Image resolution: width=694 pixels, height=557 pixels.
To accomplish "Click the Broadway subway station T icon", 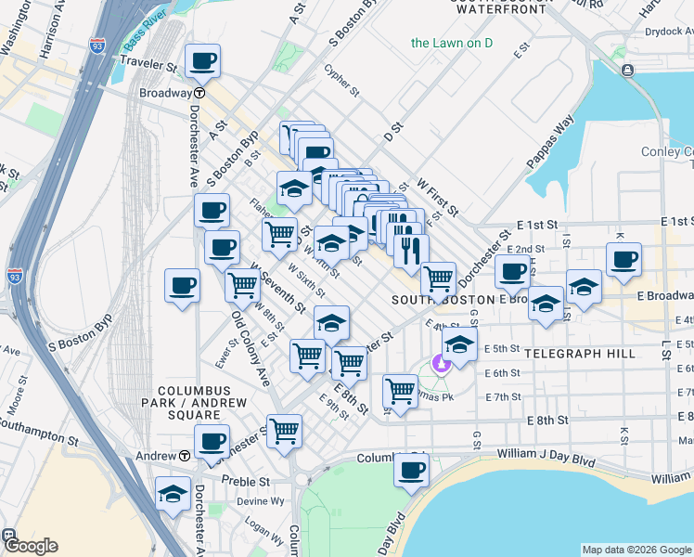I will [x=199, y=94].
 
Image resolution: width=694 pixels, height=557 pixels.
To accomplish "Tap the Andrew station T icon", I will [x=186, y=456].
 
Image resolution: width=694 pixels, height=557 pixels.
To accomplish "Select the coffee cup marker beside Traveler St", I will [x=202, y=62].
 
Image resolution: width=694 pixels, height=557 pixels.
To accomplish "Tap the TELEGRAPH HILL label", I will [x=580, y=354].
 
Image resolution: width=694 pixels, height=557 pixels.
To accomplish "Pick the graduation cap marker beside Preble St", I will [x=173, y=495].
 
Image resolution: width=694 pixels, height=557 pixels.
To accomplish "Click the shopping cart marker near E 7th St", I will [x=400, y=390].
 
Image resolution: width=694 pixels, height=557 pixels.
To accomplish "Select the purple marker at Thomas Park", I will [x=441, y=363].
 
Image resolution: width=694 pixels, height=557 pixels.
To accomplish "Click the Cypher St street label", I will [x=341, y=81].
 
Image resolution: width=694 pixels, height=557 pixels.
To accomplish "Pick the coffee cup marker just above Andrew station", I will [x=212, y=441].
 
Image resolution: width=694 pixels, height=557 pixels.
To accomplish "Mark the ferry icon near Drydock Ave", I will [x=628, y=70].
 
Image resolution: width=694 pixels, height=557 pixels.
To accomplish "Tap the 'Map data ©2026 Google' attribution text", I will [x=636, y=550].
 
